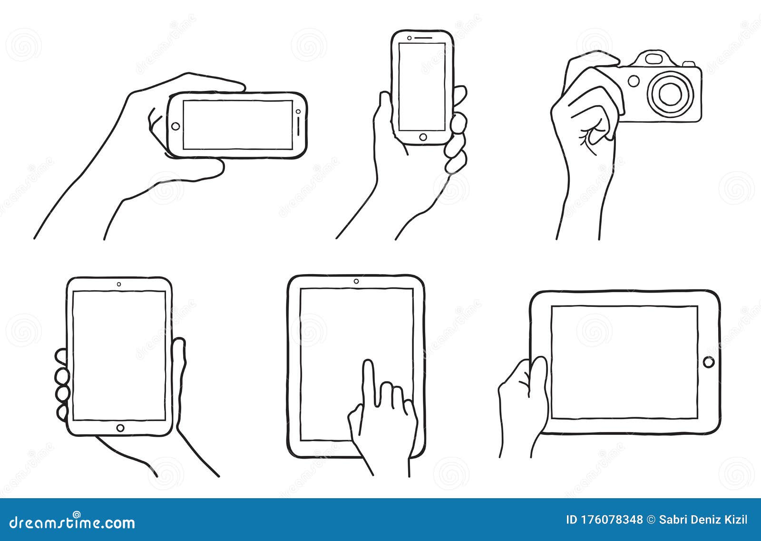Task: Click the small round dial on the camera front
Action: (634, 81)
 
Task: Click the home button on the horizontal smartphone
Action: (176, 126)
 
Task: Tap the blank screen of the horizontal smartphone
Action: (237, 125)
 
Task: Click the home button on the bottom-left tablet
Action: (120, 428)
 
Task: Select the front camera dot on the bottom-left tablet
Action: (118, 284)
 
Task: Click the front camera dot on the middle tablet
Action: (356, 281)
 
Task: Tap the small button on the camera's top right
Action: (688, 63)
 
